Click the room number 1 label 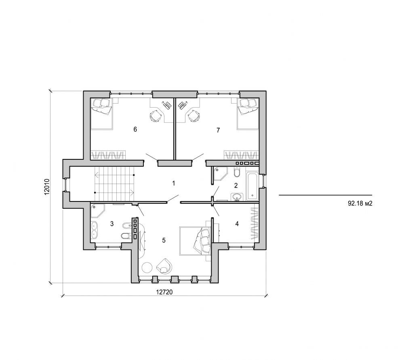173,183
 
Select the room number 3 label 112,223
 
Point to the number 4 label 237,223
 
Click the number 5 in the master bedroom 164,240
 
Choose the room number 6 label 135,129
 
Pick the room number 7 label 218,130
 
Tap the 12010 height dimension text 47,187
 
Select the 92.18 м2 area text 360,204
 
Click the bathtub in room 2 253,186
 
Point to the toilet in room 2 237,173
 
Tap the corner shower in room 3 97,211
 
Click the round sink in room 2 237,197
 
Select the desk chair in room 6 156,116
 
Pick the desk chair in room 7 194,116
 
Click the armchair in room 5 165,265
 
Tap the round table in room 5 147,267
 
